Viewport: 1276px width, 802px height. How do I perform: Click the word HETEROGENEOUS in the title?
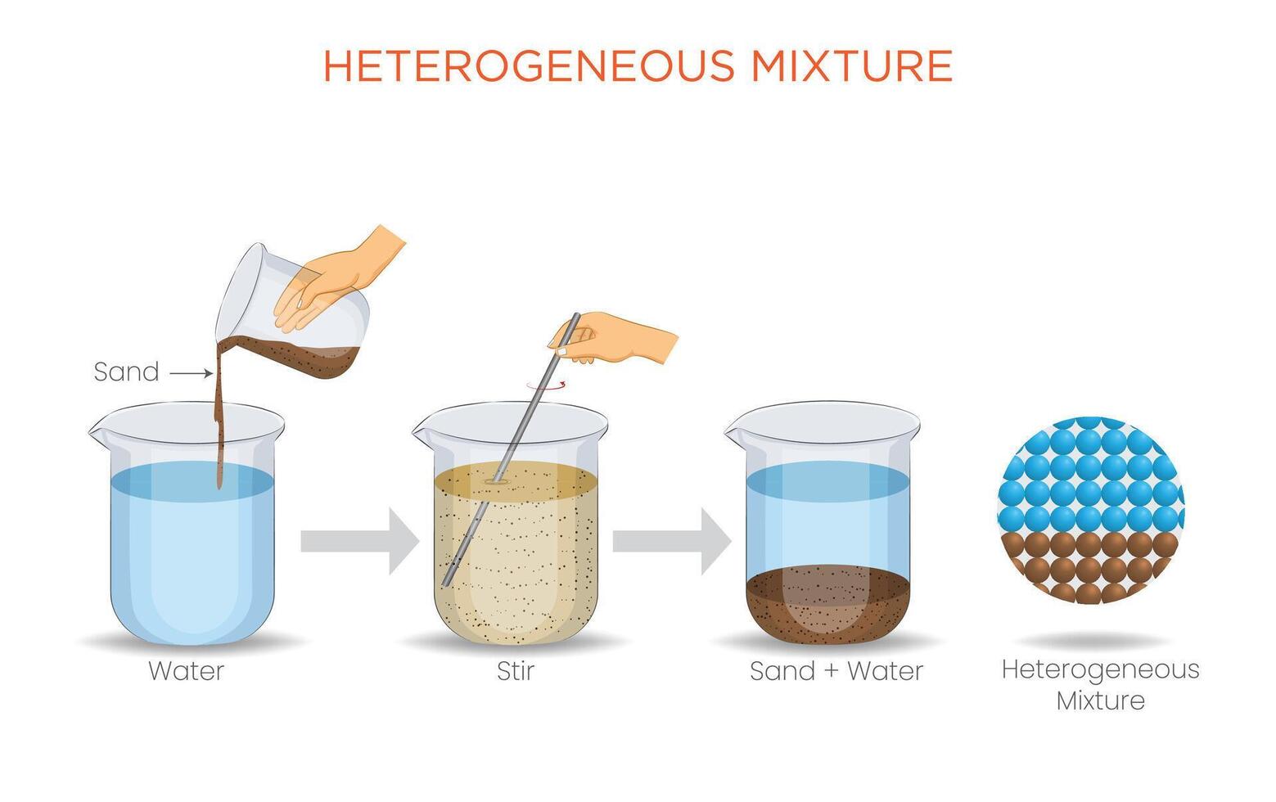tap(530, 65)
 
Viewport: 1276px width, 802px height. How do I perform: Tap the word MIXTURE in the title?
tap(852, 65)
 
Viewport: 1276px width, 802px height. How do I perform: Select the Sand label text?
tap(126, 372)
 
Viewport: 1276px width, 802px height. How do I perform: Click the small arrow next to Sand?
tap(192, 374)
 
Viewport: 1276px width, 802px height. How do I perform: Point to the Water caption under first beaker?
tap(187, 671)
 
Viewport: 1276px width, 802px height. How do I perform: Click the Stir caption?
tap(516, 671)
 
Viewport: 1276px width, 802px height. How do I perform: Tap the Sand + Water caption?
tap(836, 671)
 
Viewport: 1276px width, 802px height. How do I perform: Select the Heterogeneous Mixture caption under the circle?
tap(1101, 685)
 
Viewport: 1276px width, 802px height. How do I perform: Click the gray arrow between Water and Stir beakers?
tap(360, 541)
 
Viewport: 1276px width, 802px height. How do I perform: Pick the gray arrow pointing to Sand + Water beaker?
tap(672, 541)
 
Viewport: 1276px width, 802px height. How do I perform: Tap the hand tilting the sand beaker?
tap(336, 279)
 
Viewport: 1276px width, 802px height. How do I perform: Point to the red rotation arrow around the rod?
tap(546, 386)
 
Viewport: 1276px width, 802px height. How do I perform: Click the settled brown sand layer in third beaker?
tap(827, 604)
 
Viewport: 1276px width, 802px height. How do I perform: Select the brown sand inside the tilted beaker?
tap(302, 356)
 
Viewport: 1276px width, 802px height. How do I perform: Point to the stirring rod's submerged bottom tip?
tap(446, 583)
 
